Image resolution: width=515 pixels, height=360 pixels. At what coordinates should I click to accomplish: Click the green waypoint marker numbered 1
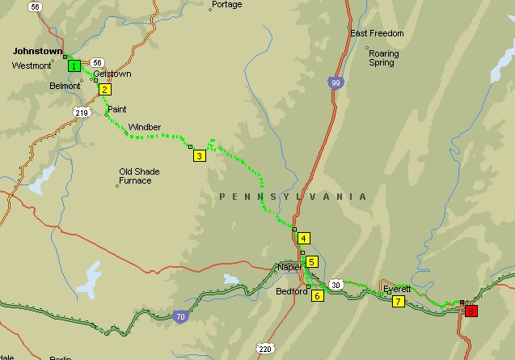[74, 66]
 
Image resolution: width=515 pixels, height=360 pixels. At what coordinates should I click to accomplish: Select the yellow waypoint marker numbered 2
[105, 89]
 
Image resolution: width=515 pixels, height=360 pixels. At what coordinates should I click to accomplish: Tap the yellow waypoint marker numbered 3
[199, 156]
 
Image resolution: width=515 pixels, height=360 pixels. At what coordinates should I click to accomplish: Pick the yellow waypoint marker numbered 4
[303, 238]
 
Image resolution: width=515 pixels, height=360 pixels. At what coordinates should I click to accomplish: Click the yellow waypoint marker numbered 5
[311, 261]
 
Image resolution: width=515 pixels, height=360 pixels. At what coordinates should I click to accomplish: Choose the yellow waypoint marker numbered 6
[317, 295]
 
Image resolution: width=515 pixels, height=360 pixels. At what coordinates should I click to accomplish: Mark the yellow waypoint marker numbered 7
[398, 302]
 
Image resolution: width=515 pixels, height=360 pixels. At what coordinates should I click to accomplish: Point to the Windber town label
[145, 127]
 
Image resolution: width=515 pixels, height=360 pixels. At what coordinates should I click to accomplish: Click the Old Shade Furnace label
[135, 176]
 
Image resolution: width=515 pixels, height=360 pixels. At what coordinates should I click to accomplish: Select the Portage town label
[226, 5]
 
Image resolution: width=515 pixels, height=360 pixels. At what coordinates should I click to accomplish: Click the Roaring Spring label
[383, 57]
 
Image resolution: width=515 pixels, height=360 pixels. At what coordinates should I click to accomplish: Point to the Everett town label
[397, 288]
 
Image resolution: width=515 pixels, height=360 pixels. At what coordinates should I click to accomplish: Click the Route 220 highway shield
[265, 349]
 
